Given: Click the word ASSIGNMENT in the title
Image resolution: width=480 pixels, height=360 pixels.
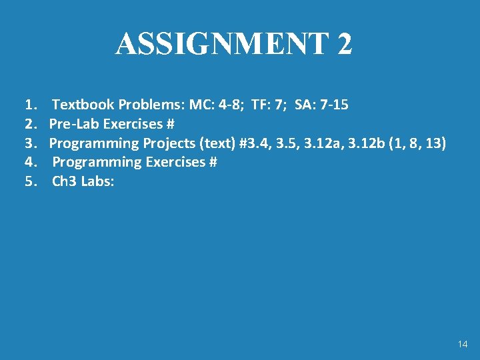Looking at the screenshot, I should click(222, 44).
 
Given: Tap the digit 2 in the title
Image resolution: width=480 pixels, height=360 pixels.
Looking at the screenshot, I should click(344, 44).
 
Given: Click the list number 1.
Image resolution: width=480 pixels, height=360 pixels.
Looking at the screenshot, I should click(29, 105).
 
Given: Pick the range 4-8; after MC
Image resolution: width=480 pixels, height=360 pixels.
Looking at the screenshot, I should click(233, 105).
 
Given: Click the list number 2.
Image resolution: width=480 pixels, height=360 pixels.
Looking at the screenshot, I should click(29, 124).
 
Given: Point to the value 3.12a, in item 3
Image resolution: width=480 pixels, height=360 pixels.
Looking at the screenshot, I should click(323, 143).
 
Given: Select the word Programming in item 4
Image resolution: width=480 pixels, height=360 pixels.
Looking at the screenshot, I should click(97, 162).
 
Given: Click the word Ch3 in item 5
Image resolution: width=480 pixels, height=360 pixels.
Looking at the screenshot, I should click(65, 181).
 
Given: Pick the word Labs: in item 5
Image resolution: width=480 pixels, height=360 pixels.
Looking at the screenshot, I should click(97, 181).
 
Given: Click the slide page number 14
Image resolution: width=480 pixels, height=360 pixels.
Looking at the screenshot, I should click(463, 344).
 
